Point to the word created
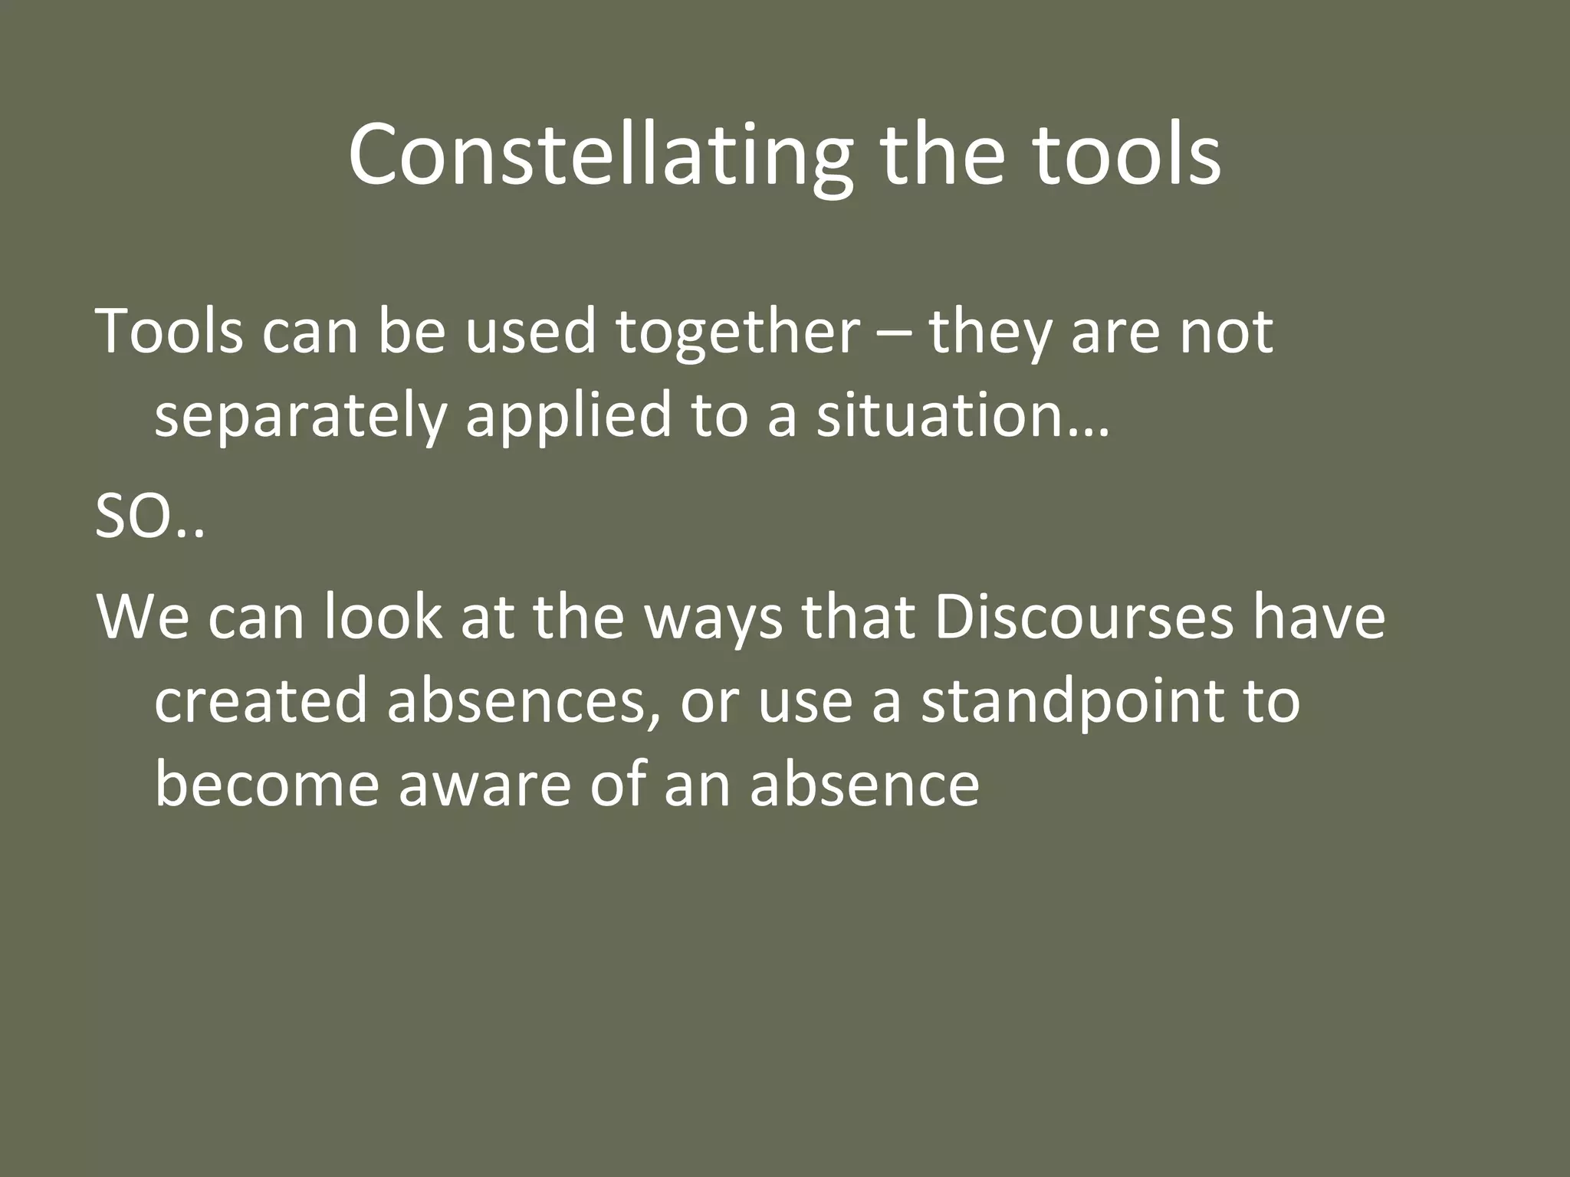tap(261, 701)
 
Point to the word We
tap(142, 617)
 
